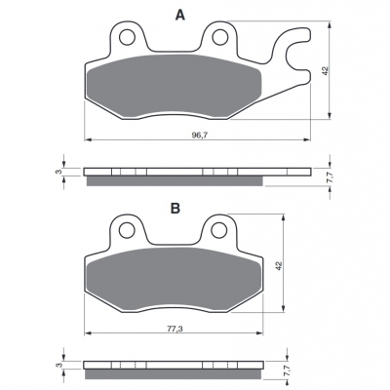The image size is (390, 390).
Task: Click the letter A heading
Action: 180,15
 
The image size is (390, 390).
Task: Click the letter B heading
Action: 175,209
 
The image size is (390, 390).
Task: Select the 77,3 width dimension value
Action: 175,329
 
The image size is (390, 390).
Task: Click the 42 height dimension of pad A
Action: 326,70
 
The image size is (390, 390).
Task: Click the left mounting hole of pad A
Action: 127,37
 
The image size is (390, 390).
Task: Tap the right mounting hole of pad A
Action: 220,37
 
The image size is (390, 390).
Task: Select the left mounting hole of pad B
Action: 127,231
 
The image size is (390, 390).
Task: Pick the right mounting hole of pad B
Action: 218,230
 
